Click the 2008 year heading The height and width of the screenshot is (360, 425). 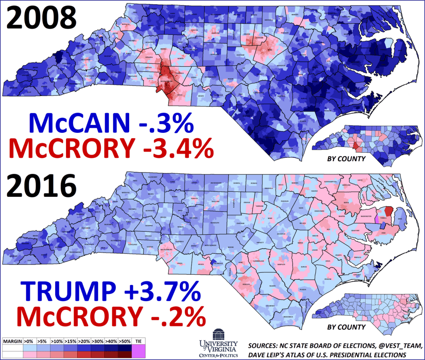[41, 19]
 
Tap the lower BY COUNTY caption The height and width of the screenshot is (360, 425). [346, 327]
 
